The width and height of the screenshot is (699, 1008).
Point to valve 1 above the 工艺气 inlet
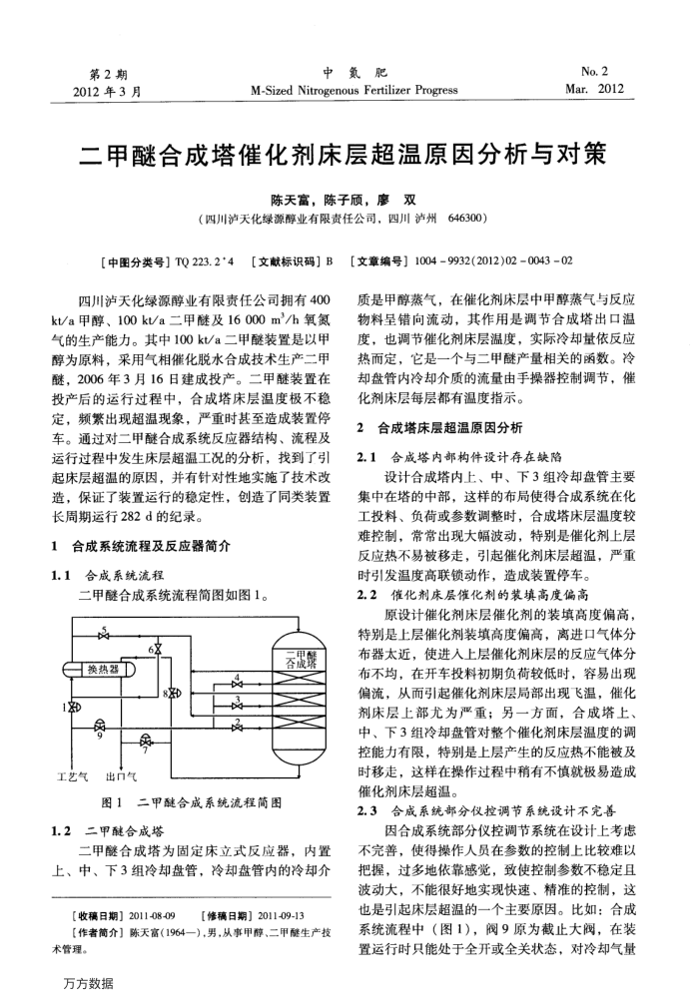71,708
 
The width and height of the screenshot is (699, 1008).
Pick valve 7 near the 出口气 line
148,741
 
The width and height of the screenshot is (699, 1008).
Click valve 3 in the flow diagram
237,703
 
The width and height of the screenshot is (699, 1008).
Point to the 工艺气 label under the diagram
74,775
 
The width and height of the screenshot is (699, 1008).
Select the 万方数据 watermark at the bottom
88,983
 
